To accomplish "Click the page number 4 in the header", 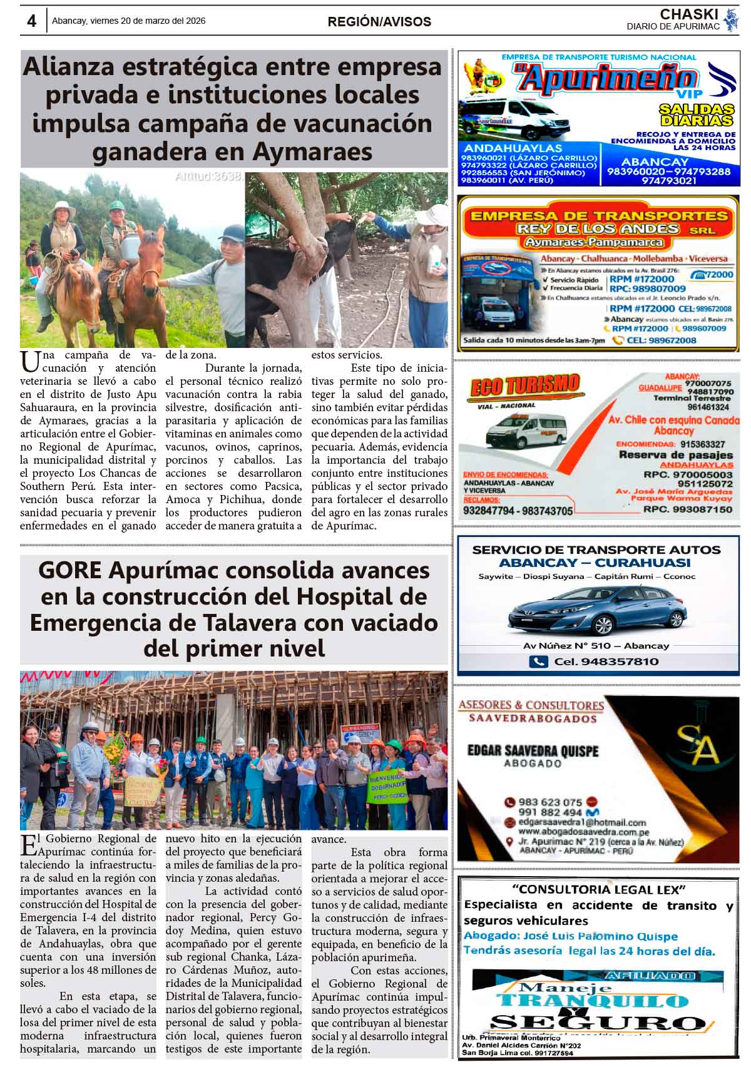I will (31, 21).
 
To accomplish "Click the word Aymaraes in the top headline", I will (320, 152).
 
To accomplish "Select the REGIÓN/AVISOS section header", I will (379, 22).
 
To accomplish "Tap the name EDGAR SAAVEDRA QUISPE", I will (533, 750).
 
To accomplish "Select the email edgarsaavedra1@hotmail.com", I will (582, 822).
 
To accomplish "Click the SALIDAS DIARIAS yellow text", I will (696, 115).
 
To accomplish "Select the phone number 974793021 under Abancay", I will (668, 180).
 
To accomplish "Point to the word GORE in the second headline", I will (69, 571).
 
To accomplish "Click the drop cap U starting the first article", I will (28, 361).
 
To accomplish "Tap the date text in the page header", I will (128, 21).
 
